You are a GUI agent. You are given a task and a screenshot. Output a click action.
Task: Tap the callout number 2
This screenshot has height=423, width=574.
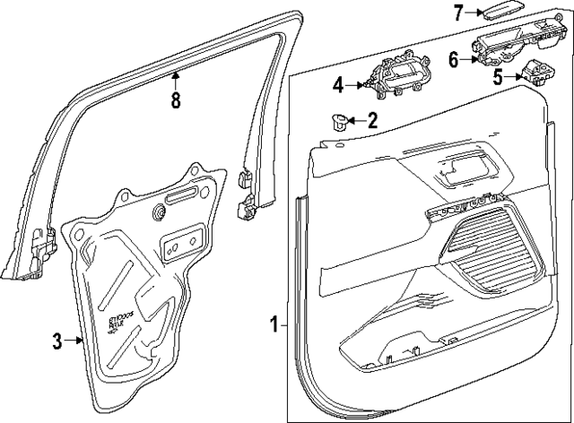point(372,120)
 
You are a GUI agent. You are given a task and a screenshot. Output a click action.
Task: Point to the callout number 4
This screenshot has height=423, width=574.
point(338,85)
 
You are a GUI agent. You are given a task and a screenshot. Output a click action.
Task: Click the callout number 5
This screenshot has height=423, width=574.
point(497,78)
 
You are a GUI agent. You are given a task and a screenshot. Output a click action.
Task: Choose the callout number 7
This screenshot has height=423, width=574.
point(458,13)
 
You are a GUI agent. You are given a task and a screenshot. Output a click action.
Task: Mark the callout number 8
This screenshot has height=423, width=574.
point(176,100)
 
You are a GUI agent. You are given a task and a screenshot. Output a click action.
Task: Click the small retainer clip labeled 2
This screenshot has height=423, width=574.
point(337,121)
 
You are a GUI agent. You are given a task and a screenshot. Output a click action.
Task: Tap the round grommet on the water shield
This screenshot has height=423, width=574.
point(159,212)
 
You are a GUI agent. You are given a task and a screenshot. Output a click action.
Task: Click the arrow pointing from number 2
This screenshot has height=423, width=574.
point(355,120)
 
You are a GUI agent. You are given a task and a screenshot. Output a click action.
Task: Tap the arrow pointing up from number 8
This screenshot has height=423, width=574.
point(176,79)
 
